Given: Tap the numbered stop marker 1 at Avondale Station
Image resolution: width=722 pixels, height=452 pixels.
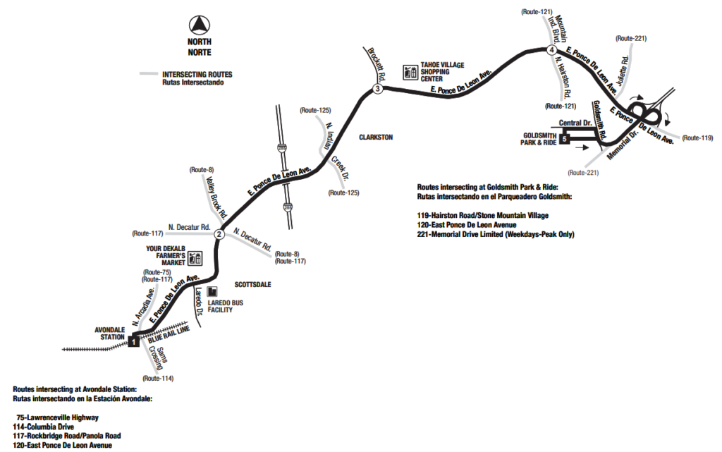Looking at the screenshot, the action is [x=134, y=341].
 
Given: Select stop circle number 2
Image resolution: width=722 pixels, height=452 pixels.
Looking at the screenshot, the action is [x=219, y=235].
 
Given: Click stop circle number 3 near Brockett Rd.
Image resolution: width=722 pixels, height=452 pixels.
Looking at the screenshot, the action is [x=377, y=89].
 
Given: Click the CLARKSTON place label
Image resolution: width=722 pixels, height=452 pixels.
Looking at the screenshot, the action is [x=375, y=137].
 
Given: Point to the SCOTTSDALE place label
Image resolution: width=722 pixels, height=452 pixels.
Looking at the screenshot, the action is [x=253, y=284].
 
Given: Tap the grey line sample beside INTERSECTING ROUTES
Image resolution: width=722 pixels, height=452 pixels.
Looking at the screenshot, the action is [x=149, y=74].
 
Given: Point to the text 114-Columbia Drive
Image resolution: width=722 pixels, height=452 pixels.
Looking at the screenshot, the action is [x=43, y=427].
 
